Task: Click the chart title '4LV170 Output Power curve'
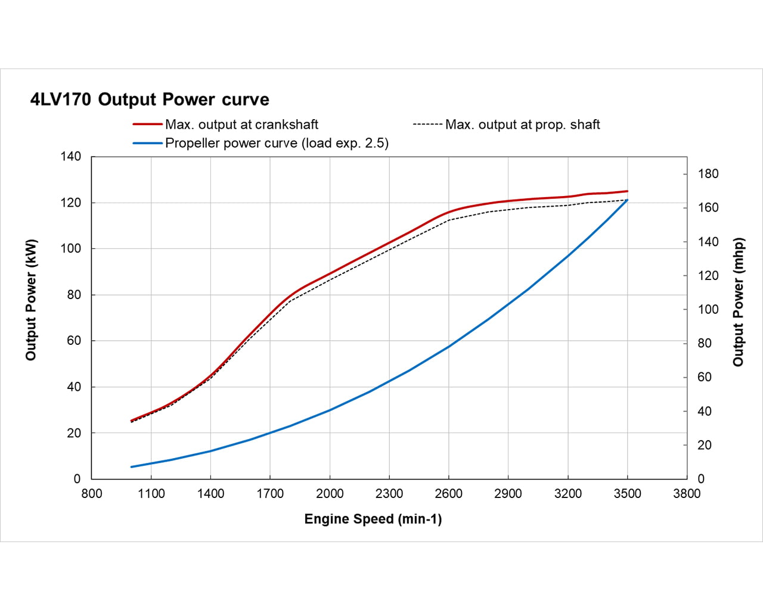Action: (x=150, y=99)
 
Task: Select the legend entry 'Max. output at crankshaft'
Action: (x=241, y=125)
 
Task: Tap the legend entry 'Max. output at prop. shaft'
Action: (x=522, y=125)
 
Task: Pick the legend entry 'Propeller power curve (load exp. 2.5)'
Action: (x=277, y=143)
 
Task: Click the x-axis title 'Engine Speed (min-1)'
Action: (x=373, y=519)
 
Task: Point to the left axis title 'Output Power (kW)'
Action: (x=31, y=300)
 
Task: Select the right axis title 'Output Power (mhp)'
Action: (x=739, y=302)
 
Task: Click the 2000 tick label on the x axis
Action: (x=330, y=493)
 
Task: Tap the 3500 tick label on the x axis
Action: (x=627, y=493)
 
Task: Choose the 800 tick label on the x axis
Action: (x=92, y=493)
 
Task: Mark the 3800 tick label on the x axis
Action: (x=687, y=493)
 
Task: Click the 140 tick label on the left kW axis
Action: (x=70, y=157)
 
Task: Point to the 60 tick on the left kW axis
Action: (x=73, y=341)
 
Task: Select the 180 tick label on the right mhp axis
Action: (x=709, y=174)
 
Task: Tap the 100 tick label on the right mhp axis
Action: (x=709, y=310)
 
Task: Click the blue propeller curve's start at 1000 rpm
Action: (x=132, y=466)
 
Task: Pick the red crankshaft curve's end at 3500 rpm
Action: (x=627, y=191)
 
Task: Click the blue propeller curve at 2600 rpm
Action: (x=449, y=346)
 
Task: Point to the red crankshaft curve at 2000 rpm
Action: (x=330, y=273)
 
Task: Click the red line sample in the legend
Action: (x=147, y=125)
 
